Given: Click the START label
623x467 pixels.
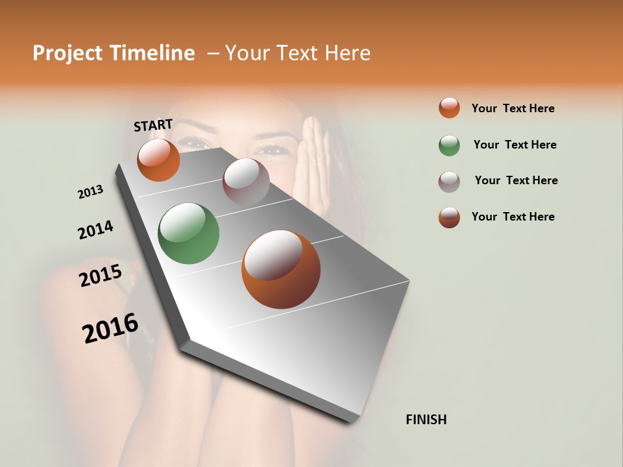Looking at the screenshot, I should click(x=153, y=125).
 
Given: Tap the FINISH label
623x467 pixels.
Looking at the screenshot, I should click(x=426, y=420).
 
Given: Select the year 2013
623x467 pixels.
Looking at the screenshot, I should click(x=90, y=192).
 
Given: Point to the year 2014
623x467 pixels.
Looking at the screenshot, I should click(x=95, y=230).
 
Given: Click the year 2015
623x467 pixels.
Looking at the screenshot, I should click(x=100, y=276).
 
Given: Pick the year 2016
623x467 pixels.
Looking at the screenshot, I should click(x=110, y=328).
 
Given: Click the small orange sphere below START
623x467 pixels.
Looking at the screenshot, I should click(x=158, y=160).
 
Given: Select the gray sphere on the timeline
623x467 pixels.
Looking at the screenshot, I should click(x=246, y=182).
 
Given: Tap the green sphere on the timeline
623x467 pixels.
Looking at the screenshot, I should click(x=189, y=233).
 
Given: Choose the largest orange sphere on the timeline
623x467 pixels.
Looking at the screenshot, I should click(x=281, y=269).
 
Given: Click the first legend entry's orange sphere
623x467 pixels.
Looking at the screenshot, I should click(x=449, y=108).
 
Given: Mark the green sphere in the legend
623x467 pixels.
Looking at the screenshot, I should click(x=449, y=145).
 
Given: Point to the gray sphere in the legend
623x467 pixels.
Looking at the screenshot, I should click(x=449, y=182).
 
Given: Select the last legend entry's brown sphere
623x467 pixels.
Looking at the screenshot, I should click(x=449, y=217).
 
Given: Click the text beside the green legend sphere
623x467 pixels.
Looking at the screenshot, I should click(x=515, y=145).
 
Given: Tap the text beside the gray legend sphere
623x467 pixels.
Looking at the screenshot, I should click(x=516, y=180).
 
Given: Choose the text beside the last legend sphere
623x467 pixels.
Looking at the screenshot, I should click(x=513, y=217).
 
